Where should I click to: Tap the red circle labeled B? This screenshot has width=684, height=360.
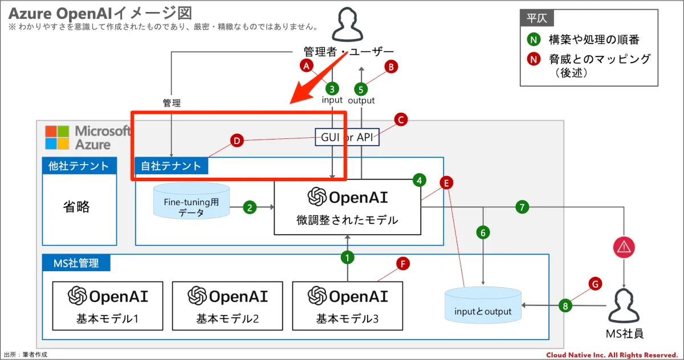coord(391,67)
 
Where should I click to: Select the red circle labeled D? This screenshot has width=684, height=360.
coord(237,141)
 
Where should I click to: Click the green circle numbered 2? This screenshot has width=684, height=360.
coord(250,207)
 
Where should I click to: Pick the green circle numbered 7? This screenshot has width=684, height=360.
coord(522,207)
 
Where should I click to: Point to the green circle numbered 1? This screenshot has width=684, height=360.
coord(347,257)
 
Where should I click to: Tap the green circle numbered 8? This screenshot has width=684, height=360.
coord(565,305)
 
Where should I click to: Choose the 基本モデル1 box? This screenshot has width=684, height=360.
coord(108,306)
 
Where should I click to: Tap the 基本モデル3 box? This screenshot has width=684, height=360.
coord(347,306)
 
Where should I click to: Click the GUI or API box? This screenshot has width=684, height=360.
coord(347,137)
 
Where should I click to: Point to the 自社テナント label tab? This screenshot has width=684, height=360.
coord(171,166)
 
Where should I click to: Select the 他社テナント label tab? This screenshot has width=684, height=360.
coord(79,166)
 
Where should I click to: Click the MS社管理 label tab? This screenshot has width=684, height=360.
coord(76,263)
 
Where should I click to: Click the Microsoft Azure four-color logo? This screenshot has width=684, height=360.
coord(58,137)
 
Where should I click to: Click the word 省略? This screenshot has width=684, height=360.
coord(76,206)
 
